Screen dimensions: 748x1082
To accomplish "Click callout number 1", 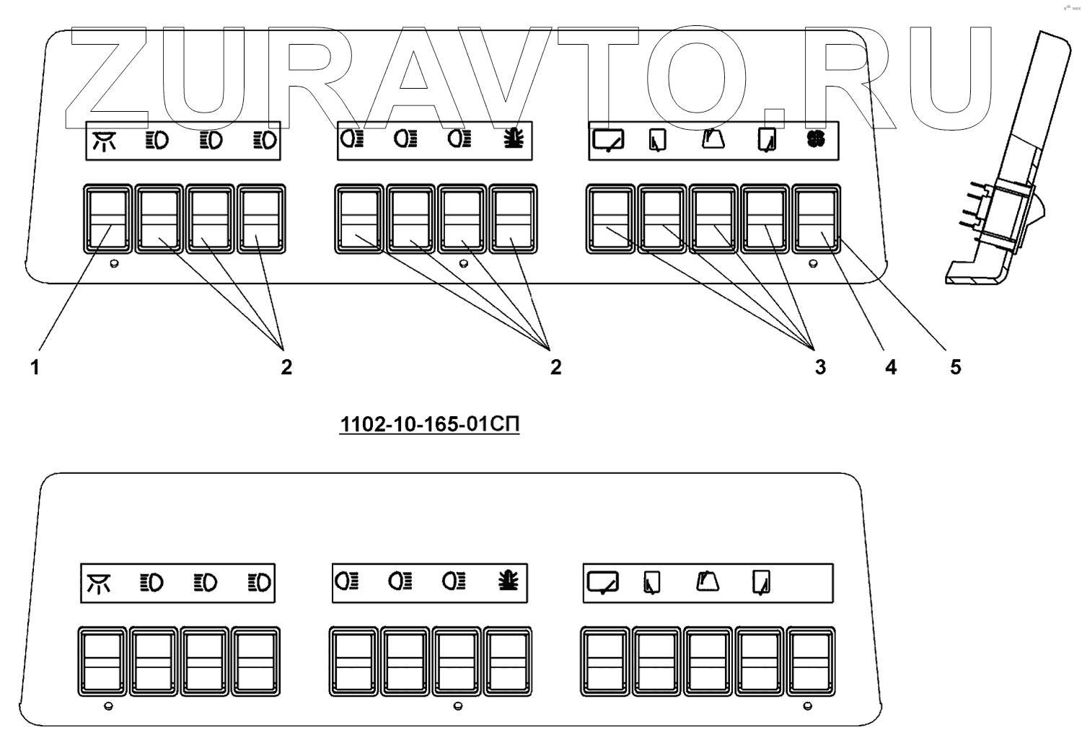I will [x=34, y=368].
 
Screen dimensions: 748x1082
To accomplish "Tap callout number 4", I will [x=891, y=368].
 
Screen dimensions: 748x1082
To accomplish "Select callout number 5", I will [x=955, y=368].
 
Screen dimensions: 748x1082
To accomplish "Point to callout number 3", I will [x=820, y=368].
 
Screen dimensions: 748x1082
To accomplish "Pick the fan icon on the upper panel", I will [x=816, y=138].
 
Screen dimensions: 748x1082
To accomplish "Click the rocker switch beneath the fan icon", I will [x=817, y=219].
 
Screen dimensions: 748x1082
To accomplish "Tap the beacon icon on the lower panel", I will [x=509, y=581].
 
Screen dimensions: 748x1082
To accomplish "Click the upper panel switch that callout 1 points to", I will [x=108, y=219].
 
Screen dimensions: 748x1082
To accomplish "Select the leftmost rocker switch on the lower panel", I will [x=102, y=661].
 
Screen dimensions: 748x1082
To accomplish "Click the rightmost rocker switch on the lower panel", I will [x=811, y=661].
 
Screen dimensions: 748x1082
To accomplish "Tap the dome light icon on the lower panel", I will [x=99, y=583].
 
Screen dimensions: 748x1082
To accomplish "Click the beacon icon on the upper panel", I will [x=514, y=138].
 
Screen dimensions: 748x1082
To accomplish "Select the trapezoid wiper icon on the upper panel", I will [x=713, y=138].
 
